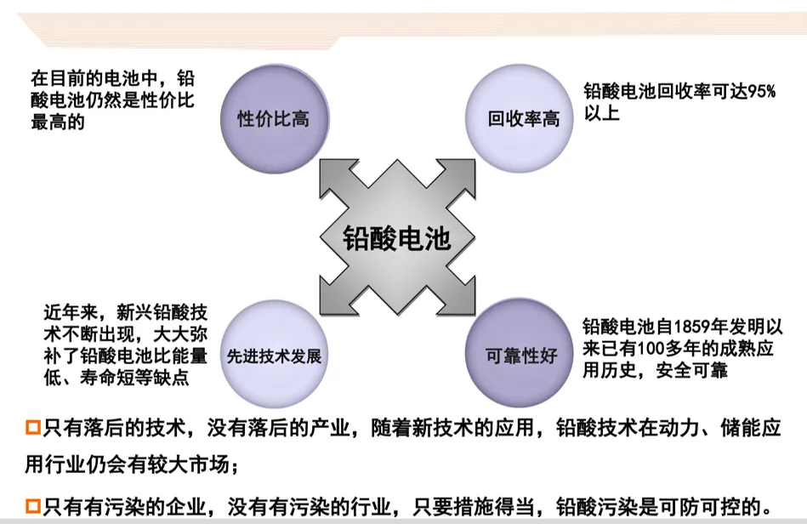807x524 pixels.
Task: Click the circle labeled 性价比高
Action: pyautogui.click(x=272, y=117)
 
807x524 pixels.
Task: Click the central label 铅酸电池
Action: pyautogui.click(x=396, y=237)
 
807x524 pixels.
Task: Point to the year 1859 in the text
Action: pyautogui.click(x=691, y=326)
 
